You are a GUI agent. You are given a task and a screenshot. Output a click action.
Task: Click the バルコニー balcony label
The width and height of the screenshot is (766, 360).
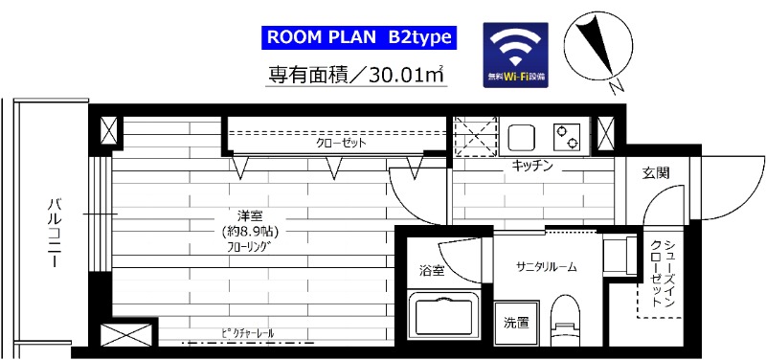tap(56, 231)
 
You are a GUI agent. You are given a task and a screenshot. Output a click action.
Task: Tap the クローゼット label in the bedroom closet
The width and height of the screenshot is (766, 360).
tap(342, 144)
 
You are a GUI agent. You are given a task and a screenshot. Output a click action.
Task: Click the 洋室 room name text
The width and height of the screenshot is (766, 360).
tap(246, 214)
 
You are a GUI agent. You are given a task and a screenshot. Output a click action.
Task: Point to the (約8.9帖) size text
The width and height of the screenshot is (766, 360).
tap(248, 231)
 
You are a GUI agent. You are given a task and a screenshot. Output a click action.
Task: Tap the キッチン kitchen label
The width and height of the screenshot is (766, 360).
tap(532, 166)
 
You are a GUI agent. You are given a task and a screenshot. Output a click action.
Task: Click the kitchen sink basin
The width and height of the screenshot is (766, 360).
tap(526, 137)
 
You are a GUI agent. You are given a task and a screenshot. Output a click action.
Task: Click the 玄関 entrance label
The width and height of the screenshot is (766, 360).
tap(656, 172)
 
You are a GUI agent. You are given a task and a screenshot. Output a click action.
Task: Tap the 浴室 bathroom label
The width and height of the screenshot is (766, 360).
tap(432, 271)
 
